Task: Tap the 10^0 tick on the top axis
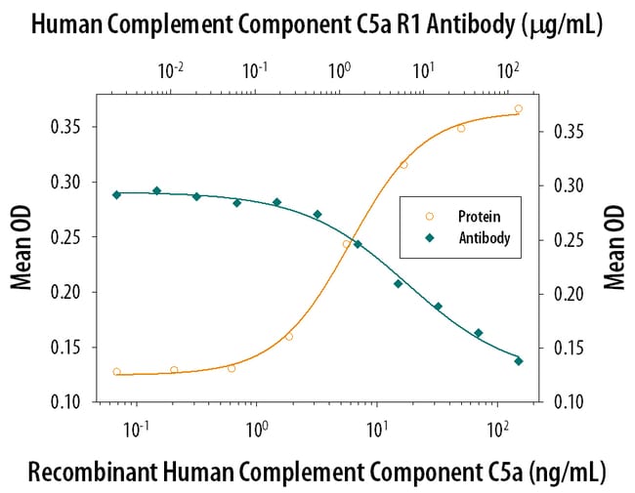point(339,69)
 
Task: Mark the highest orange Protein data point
point(518,109)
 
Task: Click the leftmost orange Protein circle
point(117,372)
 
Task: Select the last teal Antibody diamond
point(518,361)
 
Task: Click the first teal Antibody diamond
point(117,194)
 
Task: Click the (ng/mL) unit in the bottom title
point(563,472)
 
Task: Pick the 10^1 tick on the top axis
point(423,69)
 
